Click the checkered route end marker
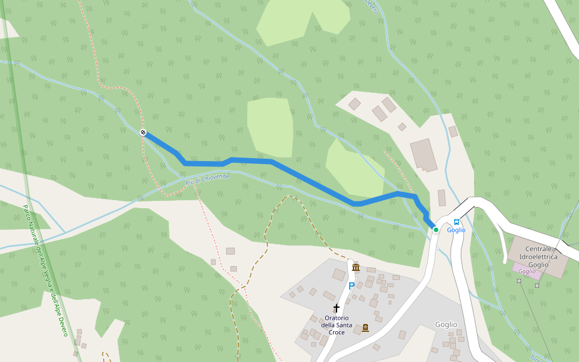coord(144,132)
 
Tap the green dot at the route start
coord(435,229)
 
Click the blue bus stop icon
coord(457,222)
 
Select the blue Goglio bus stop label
coord(457,230)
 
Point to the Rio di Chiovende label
coord(207,179)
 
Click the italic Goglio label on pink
coord(527,271)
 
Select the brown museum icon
coord(356,267)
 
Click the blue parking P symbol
coord(351,286)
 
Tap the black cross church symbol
coord(337,308)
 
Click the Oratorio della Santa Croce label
coord(337,325)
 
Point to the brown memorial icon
coord(365,328)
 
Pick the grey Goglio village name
coord(446,325)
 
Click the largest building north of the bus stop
coord(424,155)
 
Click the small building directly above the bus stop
coord(442,198)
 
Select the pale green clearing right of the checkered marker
coord(270,127)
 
